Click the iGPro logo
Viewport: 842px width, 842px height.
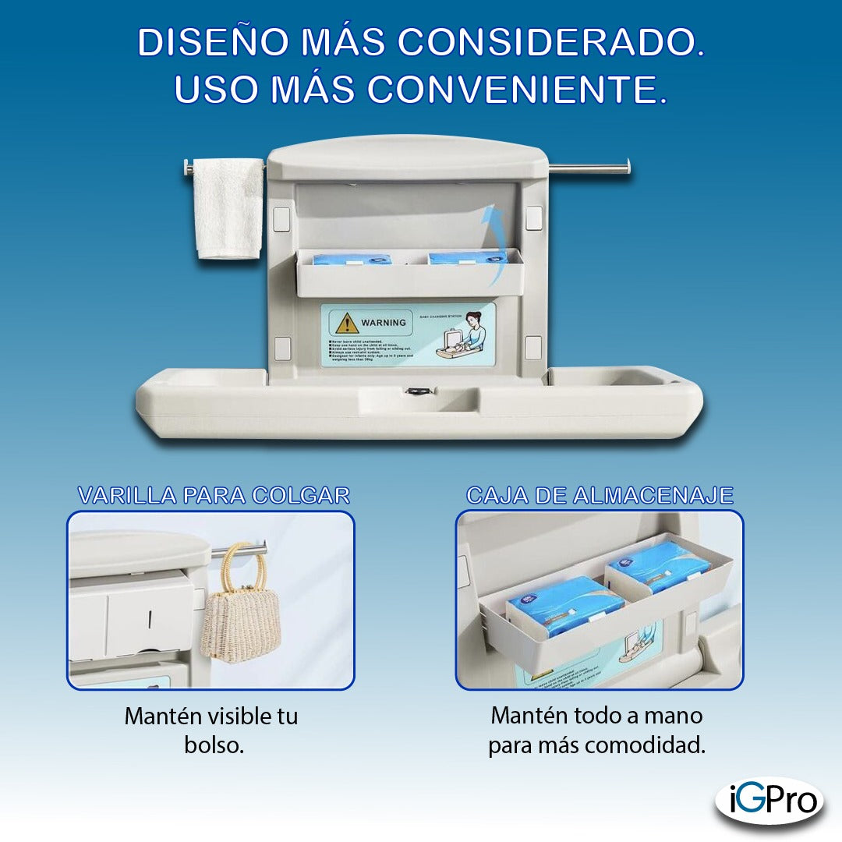769,800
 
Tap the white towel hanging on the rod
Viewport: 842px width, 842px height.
228,209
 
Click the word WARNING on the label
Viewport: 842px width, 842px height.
384,322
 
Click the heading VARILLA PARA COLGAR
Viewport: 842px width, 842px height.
213,495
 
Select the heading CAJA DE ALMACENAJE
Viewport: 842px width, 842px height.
600,495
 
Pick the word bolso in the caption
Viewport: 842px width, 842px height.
214,745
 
